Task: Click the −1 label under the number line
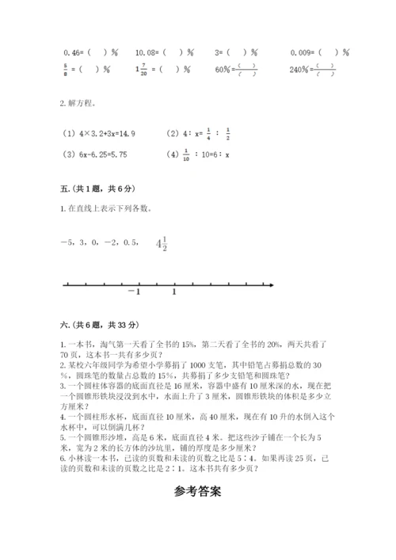(x=133, y=293)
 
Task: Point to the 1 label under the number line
(x=174, y=293)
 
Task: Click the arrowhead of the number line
(x=272, y=285)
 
